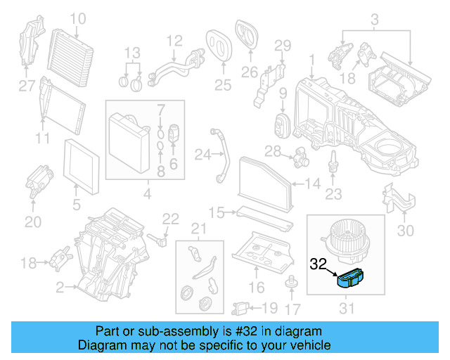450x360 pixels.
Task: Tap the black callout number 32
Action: tap(319, 264)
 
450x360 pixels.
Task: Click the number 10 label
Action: tap(77, 18)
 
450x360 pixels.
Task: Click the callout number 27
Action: tap(26, 87)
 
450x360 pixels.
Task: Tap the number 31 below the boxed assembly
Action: tap(347, 307)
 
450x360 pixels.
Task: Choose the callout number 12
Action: tap(174, 40)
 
